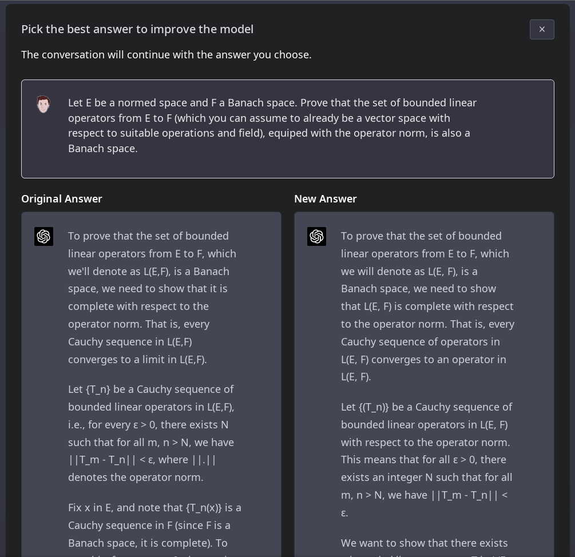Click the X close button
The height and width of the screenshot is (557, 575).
542,30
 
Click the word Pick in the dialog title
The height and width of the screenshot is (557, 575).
32,29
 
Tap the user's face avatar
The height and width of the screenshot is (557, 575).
43,104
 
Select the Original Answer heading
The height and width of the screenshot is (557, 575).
62,199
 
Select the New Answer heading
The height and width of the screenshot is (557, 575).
326,199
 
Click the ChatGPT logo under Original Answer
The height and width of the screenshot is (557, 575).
44,237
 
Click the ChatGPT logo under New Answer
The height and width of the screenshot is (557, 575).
317,237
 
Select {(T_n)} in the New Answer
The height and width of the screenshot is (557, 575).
374,407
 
